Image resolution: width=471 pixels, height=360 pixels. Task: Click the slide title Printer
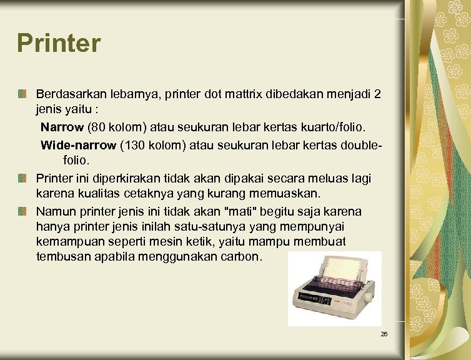point(59,44)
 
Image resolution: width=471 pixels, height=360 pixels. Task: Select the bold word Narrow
point(62,127)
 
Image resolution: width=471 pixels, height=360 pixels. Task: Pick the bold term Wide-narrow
point(78,146)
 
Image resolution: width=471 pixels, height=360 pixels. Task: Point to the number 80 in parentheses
point(99,127)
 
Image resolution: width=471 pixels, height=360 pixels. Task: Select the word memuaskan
point(285,192)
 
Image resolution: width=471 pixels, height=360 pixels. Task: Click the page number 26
point(384,334)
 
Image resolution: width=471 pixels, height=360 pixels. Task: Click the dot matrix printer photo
point(334,288)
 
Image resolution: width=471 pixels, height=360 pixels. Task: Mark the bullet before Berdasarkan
point(22,94)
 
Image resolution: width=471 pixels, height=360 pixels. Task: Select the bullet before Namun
point(22,211)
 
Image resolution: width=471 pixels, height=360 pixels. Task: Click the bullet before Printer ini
point(22,179)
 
